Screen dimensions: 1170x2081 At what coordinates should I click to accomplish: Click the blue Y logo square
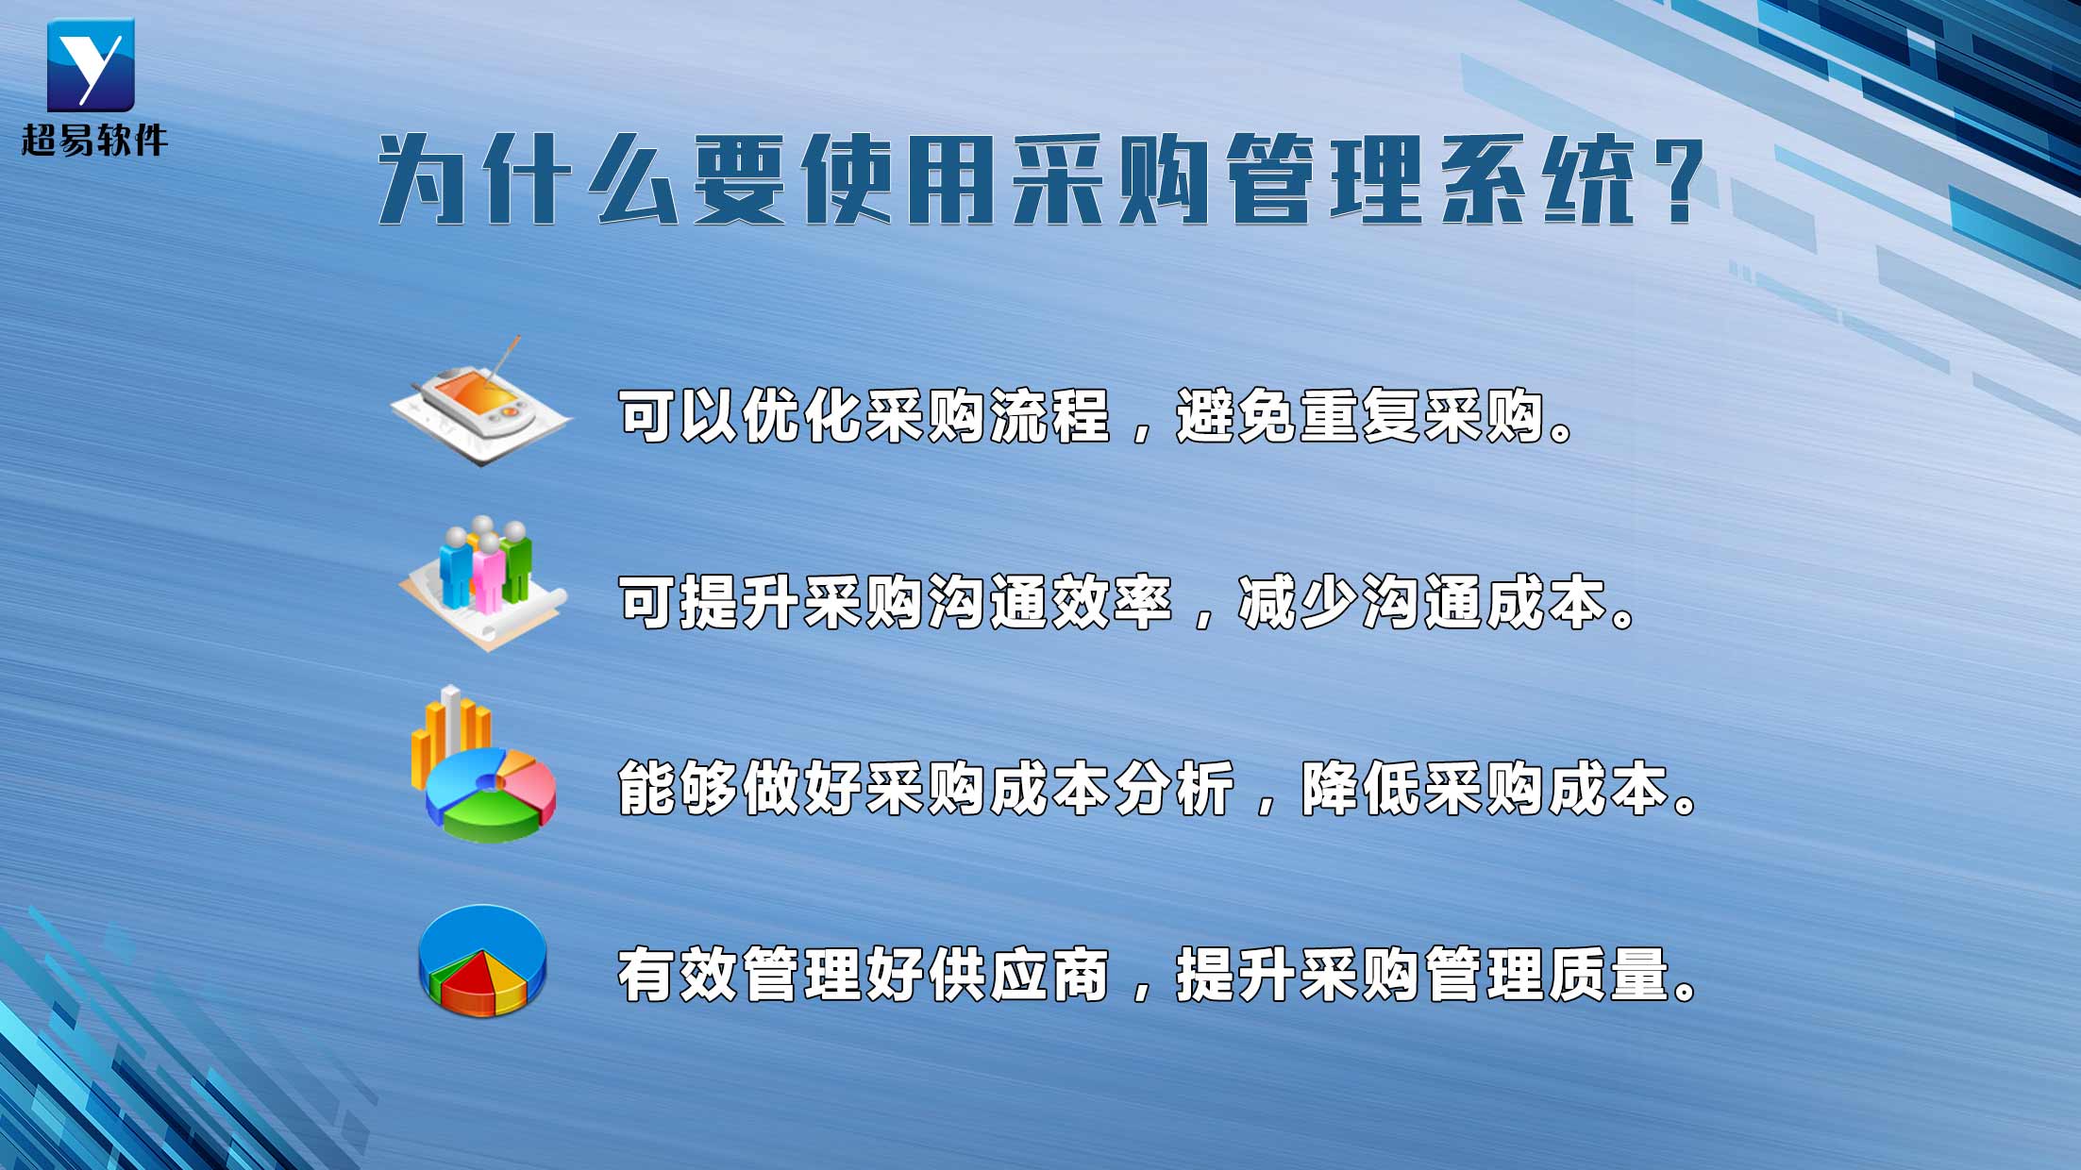click(91, 64)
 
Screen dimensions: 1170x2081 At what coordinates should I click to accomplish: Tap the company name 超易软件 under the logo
click(94, 141)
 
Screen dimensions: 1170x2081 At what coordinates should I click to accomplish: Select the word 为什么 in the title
click(528, 179)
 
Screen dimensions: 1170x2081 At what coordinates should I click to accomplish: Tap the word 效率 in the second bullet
click(1111, 602)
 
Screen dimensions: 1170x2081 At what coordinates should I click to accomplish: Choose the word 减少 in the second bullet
click(1298, 602)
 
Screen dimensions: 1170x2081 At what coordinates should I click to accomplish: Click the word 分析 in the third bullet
click(1173, 789)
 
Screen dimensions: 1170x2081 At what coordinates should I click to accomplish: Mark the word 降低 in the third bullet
click(1360, 789)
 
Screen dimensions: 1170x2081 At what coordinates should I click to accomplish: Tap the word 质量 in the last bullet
click(1608, 975)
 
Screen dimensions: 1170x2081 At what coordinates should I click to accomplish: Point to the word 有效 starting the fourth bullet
click(678, 975)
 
